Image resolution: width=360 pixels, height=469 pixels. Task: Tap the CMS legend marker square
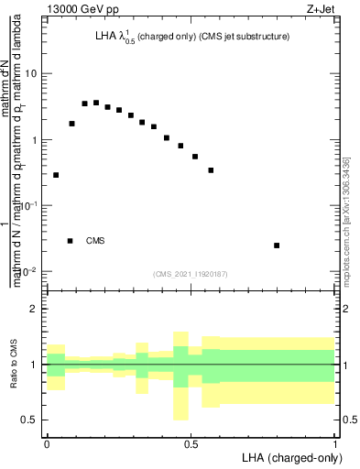[70, 241]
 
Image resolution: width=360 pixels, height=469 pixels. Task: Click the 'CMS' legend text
[95, 241]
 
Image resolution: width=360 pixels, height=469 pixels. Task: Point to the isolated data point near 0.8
[277, 245]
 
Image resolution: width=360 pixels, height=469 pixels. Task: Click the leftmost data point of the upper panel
[56, 175]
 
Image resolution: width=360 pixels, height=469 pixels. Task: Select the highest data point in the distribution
[96, 103]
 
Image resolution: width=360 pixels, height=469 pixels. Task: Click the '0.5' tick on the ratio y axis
[29, 420]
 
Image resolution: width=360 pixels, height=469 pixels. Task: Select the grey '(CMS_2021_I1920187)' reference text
[191, 272]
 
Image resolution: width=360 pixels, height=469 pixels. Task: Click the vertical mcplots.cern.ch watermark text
[347, 220]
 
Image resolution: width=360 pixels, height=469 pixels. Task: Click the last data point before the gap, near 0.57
[211, 170]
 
